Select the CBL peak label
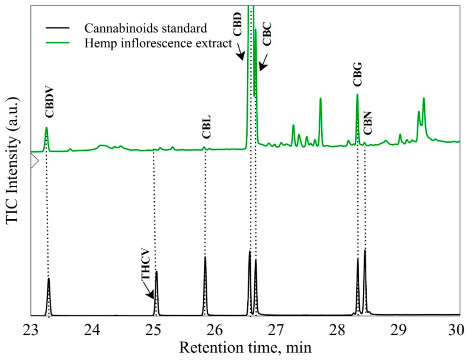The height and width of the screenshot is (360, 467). tap(206, 127)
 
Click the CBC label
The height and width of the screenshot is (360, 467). tap(267, 37)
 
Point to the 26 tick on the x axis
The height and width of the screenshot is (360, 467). tap(215, 329)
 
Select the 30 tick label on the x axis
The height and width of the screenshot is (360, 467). tap(456, 329)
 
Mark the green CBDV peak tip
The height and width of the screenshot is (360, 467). tap(46, 127)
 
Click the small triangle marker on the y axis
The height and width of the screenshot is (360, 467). tap(34, 160)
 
